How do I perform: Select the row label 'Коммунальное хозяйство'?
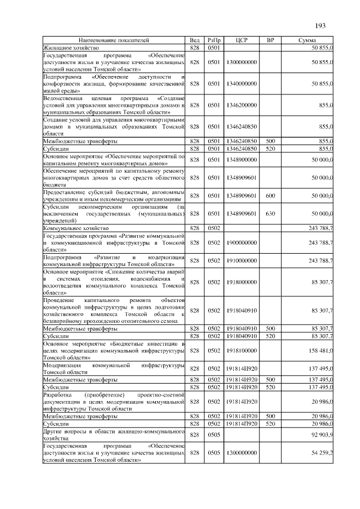pyautogui.click(x=75, y=228)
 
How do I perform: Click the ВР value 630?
pyautogui.click(x=270, y=214)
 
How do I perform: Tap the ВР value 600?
pyautogui.click(x=270, y=196)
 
